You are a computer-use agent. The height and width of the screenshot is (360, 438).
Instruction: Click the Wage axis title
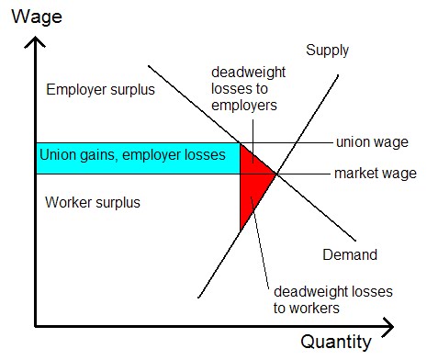[37, 17]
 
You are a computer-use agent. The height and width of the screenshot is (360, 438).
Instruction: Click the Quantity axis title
[336, 343]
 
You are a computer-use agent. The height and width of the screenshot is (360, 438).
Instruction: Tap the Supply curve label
[327, 51]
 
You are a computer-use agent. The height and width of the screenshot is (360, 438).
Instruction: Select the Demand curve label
[350, 254]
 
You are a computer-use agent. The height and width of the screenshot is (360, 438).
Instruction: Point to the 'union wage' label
[372, 142]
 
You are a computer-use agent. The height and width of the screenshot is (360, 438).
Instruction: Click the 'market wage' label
[376, 174]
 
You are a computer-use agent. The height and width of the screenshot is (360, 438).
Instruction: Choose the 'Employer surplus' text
[100, 90]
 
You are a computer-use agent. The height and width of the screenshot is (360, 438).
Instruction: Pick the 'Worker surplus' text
[93, 202]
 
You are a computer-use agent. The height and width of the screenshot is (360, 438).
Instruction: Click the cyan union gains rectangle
[138, 159]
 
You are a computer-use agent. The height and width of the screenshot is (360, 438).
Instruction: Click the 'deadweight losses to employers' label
[248, 89]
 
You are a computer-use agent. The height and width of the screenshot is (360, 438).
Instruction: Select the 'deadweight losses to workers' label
[333, 299]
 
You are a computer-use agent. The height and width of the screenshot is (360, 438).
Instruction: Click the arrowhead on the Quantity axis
[388, 327]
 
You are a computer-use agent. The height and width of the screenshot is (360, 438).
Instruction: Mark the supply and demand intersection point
[277, 174]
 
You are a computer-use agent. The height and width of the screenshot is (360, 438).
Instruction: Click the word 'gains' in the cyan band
[98, 155]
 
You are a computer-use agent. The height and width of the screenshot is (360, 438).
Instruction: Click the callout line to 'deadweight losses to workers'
[260, 242]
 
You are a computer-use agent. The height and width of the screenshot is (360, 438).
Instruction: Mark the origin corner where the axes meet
[36, 327]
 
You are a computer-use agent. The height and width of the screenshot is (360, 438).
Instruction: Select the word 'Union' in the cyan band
[58, 154]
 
